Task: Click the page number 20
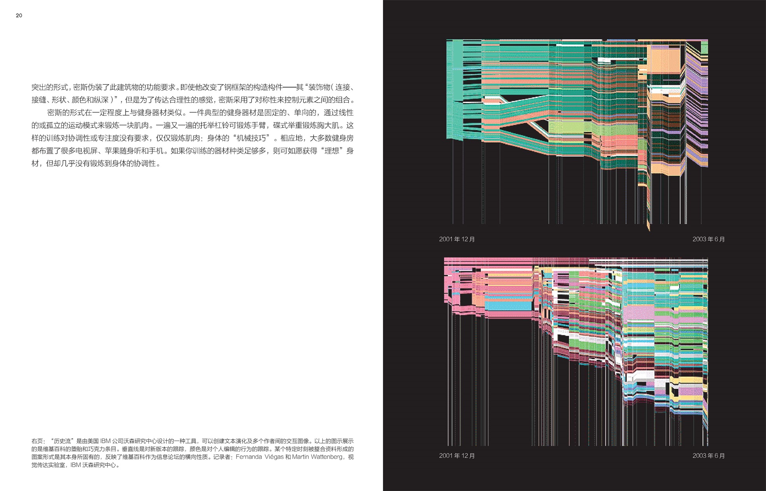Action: [x=19, y=16]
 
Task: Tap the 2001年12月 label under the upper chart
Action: [x=457, y=239]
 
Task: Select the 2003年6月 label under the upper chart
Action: [x=708, y=239]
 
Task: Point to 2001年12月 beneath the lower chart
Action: [x=457, y=456]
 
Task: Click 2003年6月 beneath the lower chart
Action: [x=708, y=456]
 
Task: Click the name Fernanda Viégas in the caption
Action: [x=259, y=457]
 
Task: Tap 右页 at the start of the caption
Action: [x=37, y=441]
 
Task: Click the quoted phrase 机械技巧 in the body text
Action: [x=251, y=138]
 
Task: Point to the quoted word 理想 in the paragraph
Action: [x=332, y=151]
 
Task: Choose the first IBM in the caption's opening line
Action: [x=105, y=441]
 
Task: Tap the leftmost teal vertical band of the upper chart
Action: [x=455, y=89]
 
